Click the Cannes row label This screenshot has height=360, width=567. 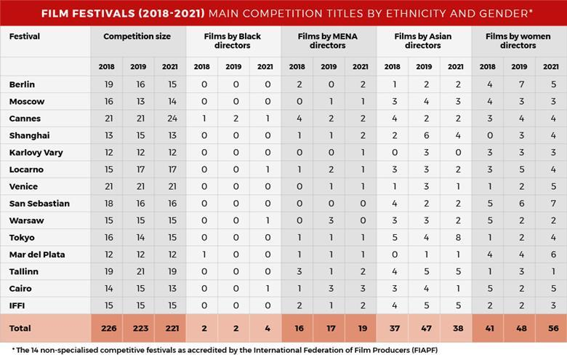tap(25, 119)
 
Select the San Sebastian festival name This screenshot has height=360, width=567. tap(39, 204)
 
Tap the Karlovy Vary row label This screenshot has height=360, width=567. tap(37, 153)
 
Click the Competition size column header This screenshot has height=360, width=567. tap(138, 36)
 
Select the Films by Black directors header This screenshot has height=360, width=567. tap(233, 41)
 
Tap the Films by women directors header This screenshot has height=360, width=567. tap(519, 41)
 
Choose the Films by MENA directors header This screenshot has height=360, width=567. tap(329, 41)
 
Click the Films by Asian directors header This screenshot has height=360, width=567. tap(424, 41)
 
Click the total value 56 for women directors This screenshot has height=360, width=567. tap(550, 328)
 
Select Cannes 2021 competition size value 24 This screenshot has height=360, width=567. tap(170, 119)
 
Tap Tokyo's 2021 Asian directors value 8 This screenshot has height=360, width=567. tap(455, 238)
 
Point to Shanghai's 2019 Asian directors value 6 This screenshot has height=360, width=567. tap(424, 136)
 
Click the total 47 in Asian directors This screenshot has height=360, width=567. tap(424, 328)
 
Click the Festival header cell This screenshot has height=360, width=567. tap(25, 36)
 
